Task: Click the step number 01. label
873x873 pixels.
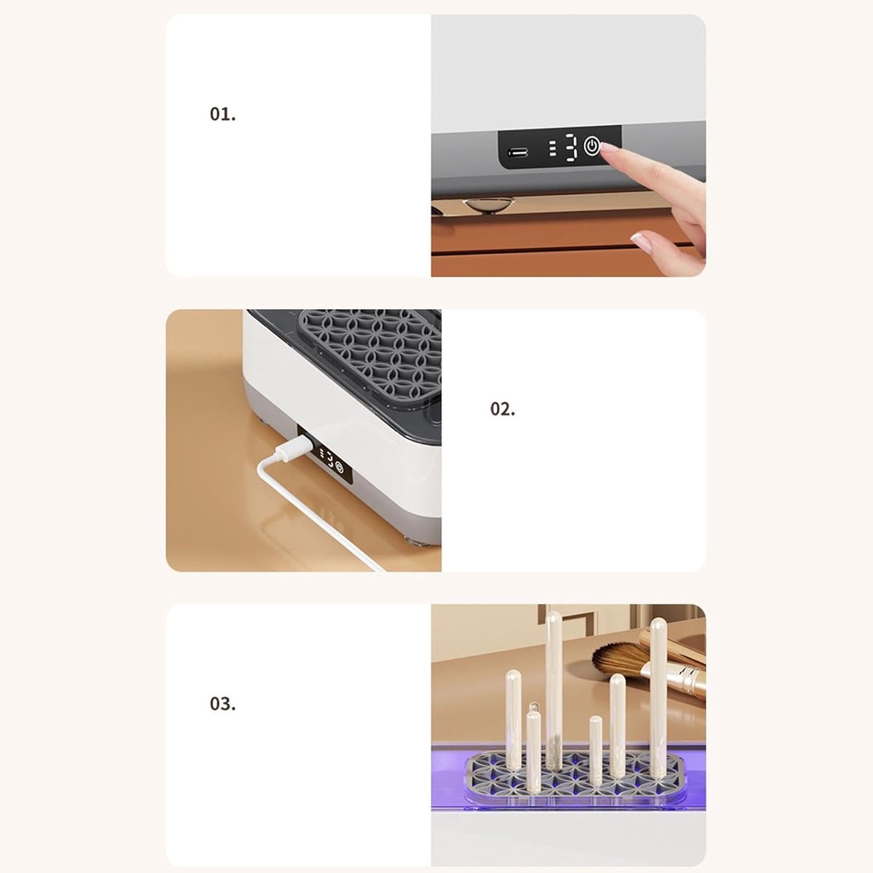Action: pyautogui.click(x=223, y=114)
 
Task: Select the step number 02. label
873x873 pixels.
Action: pyautogui.click(x=503, y=409)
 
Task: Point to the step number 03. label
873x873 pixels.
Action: pyautogui.click(x=223, y=703)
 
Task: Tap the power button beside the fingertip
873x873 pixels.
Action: pyautogui.click(x=591, y=146)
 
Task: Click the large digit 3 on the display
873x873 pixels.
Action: pyautogui.click(x=570, y=148)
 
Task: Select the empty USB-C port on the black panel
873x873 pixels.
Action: pyautogui.click(x=517, y=152)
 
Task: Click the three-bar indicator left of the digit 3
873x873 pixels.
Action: pyautogui.click(x=553, y=148)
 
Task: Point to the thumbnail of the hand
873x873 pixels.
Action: pyautogui.click(x=641, y=239)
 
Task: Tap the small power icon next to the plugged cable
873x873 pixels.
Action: pyautogui.click(x=339, y=466)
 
